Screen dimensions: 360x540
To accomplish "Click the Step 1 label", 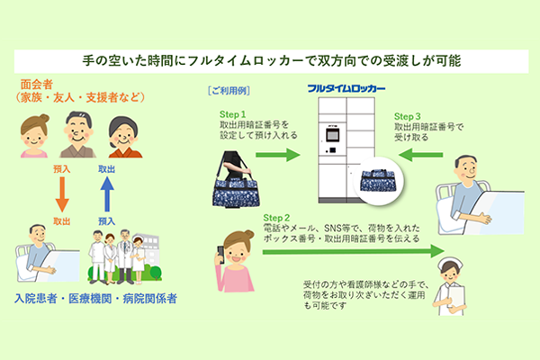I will click(x=233, y=114).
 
